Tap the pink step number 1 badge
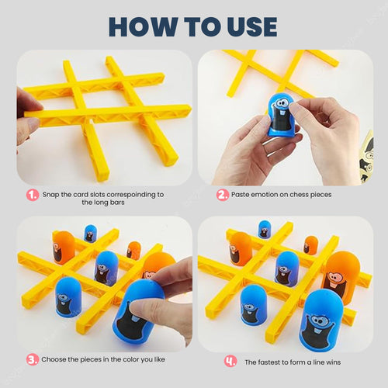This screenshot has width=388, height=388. [x=33, y=195]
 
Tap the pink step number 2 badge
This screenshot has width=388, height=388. [x=222, y=195]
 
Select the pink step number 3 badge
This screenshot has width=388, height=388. [x=33, y=359]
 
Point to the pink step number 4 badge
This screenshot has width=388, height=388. [x=230, y=360]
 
